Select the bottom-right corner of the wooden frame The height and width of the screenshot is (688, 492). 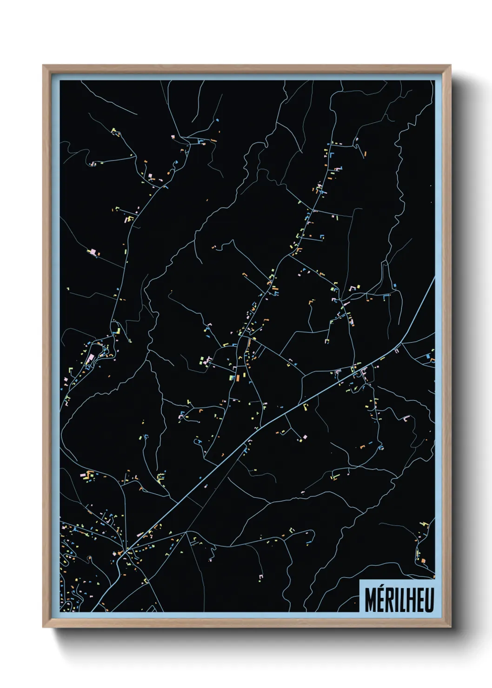(450, 626)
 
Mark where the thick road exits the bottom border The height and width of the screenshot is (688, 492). (93, 611)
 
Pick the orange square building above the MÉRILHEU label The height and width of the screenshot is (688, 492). (423, 561)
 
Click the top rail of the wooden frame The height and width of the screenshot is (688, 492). (246, 69)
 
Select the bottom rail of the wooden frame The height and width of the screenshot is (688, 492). (246, 623)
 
